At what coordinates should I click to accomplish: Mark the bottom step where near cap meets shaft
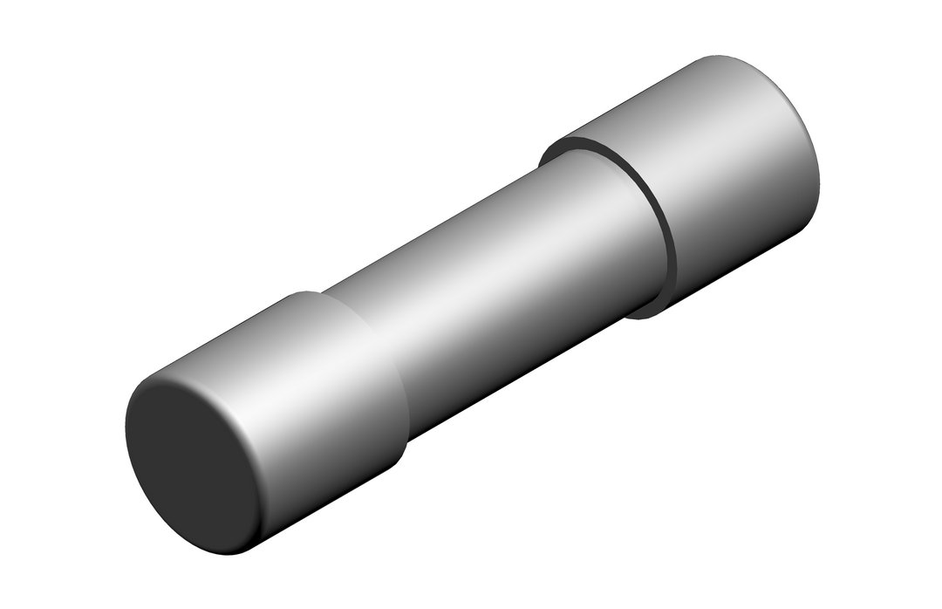tap(406, 449)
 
